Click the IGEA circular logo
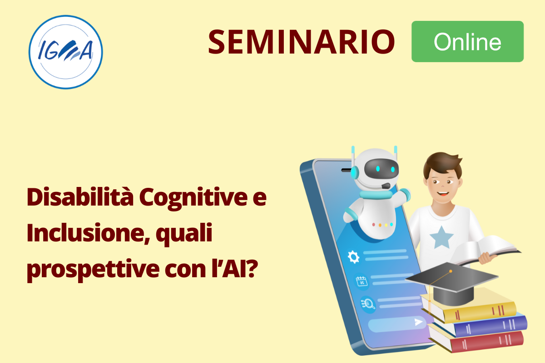coord(66,52)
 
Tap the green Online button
coord(468,42)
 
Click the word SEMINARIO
coord(302,42)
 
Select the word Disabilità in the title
coord(80,197)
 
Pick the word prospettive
coord(93,270)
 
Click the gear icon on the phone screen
coord(353,257)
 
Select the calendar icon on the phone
coord(362,282)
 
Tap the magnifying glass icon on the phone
coord(368,304)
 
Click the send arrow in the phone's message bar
coord(418,322)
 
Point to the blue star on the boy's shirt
coord(441,238)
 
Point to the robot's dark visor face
coord(381,169)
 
